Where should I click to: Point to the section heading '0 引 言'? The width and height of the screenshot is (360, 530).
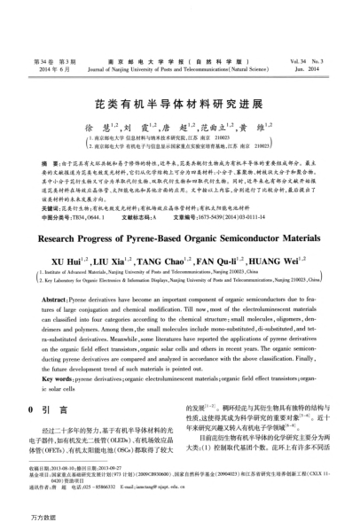point(52,388)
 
